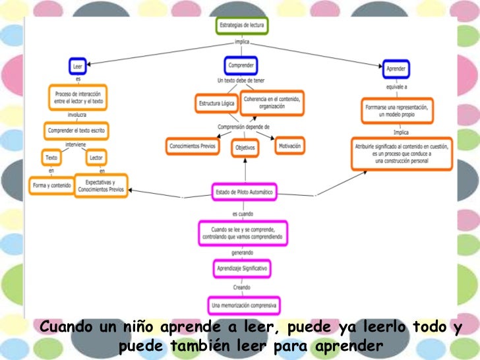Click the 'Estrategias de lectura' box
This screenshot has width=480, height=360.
click(243, 26)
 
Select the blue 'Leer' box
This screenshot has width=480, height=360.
click(78, 66)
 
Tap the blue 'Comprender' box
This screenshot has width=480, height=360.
click(241, 65)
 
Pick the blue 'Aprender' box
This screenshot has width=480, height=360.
click(396, 69)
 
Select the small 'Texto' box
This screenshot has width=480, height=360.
click(51, 158)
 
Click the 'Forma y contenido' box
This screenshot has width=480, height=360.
click(51, 186)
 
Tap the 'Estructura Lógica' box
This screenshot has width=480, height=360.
click(216, 104)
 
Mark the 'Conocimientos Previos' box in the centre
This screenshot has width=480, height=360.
click(192, 146)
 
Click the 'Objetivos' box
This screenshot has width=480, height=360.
click(245, 148)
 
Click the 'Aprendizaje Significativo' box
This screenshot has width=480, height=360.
click(243, 269)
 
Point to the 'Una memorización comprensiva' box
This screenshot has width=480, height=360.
click(244, 305)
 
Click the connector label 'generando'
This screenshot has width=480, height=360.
click(243, 253)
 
